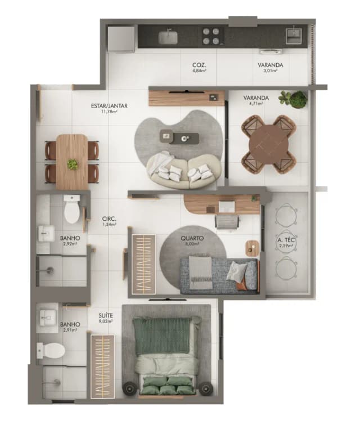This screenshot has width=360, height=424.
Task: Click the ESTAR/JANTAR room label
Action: coord(109,105)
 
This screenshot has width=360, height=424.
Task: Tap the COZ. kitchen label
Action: coord(199,65)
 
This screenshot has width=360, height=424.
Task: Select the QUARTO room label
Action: coord(192,238)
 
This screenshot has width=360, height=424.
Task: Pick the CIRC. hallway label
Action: coord(109,218)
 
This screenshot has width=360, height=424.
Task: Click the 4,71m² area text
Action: coord(256,104)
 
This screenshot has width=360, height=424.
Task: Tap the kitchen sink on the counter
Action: coord(168,37)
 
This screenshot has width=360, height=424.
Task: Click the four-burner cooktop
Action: coord(211,37)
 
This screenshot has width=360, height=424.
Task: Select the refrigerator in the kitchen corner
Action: coord(121,38)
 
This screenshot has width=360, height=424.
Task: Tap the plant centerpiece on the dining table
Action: coord(73,164)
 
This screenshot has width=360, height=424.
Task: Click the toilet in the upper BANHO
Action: coord(72,209)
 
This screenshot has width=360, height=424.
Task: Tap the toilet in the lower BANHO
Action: coord(52,351)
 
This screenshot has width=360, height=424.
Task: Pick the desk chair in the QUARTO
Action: coord(227,220)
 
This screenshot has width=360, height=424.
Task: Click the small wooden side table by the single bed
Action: coord(253,248)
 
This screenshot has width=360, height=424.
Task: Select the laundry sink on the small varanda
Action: coord(293,34)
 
